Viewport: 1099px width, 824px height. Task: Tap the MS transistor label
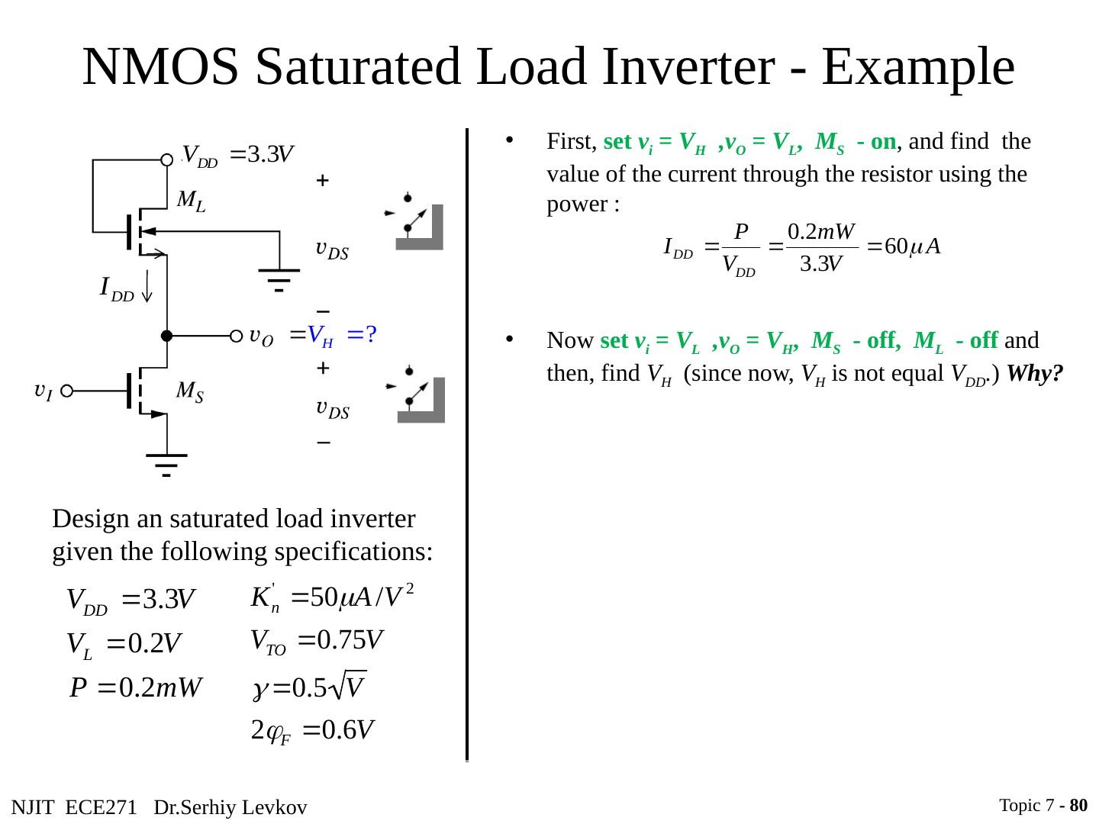[190, 392]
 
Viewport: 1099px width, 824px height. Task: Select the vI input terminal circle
[67, 391]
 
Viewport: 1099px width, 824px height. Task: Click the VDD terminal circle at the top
[167, 159]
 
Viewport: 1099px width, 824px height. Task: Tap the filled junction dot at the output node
[166, 336]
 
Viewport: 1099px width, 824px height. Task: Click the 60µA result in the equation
[912, 247]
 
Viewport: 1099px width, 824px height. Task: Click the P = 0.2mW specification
[136, 689]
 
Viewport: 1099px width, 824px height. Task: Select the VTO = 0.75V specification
[317, 641]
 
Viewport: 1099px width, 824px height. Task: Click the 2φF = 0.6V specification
[312, 732]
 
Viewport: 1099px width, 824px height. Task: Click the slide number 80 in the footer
[1078, 805]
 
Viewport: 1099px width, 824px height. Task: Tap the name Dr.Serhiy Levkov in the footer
[230, 807]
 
